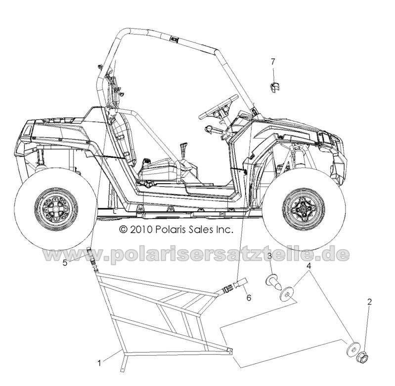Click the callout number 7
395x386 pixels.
click(273, 61)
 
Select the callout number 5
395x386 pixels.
click(65, 263)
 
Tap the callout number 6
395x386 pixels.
click(249, 298)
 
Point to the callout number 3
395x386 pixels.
click(269, 257)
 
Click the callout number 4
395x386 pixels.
click(309, 266)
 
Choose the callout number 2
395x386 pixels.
click(369, 302)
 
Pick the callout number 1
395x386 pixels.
click(99, 363)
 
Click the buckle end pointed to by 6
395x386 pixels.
click(241, 283)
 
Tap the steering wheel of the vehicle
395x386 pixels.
click(218, 107)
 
